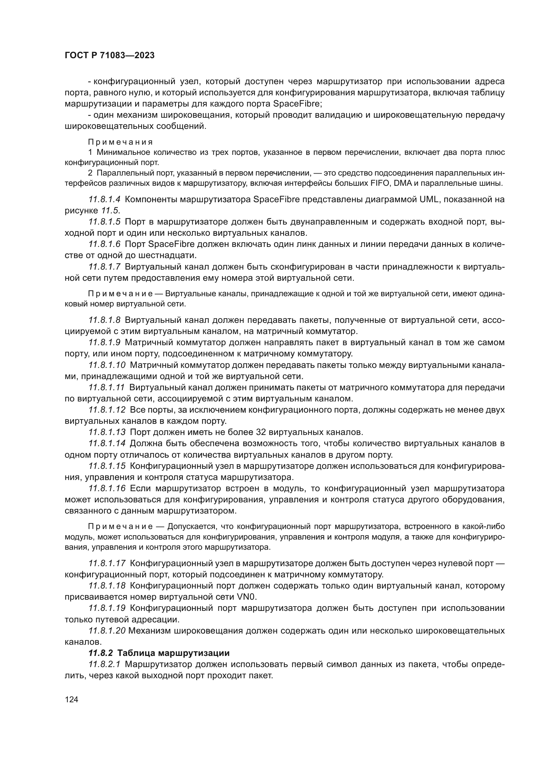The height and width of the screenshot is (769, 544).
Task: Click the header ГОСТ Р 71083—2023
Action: point(110,56)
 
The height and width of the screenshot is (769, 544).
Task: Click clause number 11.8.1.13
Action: point(107,432)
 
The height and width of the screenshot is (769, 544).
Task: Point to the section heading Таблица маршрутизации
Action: point(174,653)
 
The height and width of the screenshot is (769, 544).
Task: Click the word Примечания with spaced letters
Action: point(120,142)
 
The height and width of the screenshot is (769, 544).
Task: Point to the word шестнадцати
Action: point(166,255)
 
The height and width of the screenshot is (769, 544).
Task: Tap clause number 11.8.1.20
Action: point(107,631)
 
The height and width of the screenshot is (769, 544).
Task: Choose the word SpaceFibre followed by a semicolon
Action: point(296,104)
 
